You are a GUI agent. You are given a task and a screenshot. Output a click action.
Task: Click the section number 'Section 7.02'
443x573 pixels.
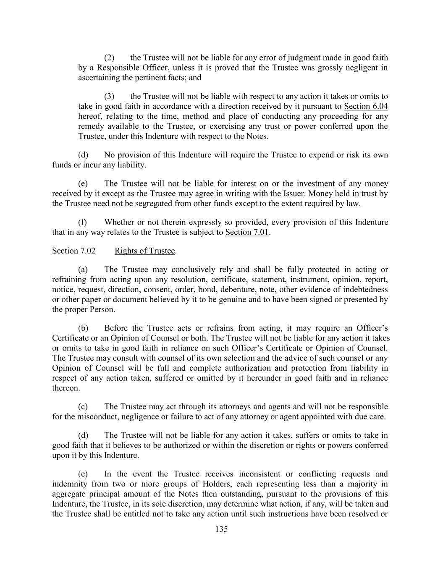point(73,251)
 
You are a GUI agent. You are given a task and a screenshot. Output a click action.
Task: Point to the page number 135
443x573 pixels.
point(221,529)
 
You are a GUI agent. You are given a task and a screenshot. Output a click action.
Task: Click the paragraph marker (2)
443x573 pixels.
point(109,58)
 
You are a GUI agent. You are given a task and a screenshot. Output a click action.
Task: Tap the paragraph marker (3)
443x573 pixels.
point(109,96)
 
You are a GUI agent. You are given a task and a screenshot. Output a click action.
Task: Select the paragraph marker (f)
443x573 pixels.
point(83,222)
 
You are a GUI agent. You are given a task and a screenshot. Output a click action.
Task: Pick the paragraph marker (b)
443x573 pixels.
point(83,328)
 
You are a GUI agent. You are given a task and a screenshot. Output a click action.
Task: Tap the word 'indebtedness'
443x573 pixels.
point(364,289)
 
